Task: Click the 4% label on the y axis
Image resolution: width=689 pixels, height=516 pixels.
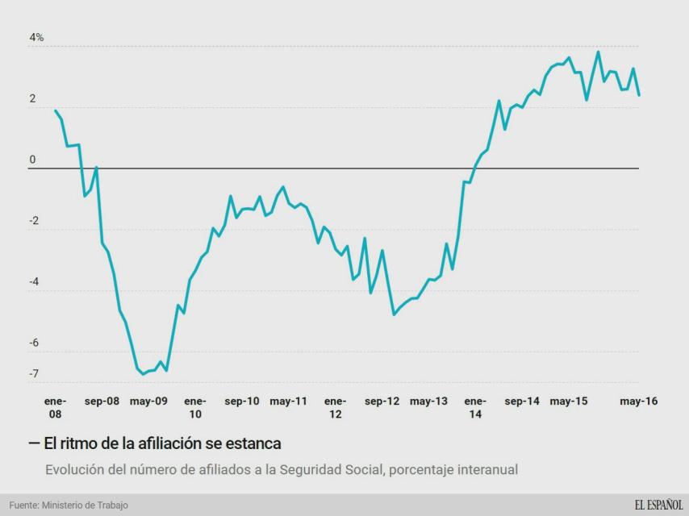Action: click(x=36, y=38)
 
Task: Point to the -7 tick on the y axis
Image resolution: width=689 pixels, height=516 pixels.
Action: click(x=35, y=374)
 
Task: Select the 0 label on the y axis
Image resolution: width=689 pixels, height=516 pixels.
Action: click(x=33, y=160)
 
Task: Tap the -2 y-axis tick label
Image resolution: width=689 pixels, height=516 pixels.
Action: click(x=35, y=222)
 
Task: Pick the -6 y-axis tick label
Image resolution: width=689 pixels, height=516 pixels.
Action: click(x=35, y=343)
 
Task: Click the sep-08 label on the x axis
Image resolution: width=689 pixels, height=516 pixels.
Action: click(x=102, y=401)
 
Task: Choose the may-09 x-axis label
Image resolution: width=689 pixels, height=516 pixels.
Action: click(x=148, y=401)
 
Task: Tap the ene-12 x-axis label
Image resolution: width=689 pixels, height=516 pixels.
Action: click(x=335, y=407)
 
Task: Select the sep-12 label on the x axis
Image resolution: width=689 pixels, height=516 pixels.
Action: click(x=382, y=401)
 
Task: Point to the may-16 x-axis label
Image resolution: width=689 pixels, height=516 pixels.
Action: click(x=638, y=401)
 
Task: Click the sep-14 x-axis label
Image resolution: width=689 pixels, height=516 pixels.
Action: click(x=522, y=401)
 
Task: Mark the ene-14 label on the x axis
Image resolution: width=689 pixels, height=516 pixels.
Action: click(x=475, y=407)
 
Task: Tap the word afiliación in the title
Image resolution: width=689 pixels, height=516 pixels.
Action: click(x=161, y=443)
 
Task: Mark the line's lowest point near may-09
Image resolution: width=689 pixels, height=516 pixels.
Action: click(x=143, y=374)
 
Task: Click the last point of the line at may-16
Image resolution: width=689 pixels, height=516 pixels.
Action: click(x=639, y=95)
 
